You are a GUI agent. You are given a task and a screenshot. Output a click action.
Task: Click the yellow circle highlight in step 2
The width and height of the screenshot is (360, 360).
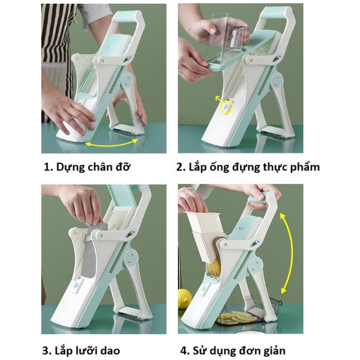227,107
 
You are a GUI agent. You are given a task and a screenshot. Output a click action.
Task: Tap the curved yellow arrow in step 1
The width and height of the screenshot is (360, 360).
112,144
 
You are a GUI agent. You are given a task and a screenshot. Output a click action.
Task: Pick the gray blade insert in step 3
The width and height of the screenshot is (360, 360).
92,250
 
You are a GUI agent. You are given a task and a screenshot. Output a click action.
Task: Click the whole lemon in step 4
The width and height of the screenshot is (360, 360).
185,299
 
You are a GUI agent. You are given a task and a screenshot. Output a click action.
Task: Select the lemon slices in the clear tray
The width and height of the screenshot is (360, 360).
239,317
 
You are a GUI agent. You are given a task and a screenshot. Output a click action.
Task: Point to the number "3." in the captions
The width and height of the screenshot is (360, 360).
47,351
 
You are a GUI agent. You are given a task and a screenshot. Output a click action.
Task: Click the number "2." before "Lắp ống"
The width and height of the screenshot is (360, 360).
181,168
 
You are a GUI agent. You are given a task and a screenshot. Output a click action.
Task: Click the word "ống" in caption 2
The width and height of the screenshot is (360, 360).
219,166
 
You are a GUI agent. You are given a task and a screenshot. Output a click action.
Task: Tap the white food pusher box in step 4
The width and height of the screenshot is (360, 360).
204,237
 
